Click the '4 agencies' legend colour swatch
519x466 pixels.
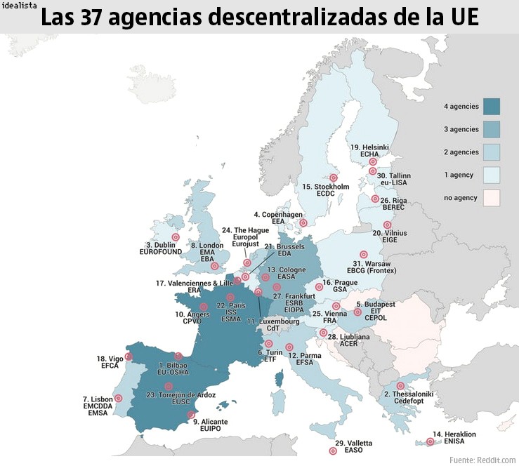[x=491, y=107]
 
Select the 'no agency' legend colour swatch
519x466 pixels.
[x=491, y=197]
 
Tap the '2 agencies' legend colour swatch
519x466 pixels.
[x=491, y=152]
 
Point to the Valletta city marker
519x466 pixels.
[x=333, y=452]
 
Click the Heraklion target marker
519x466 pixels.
[x=430, y=441]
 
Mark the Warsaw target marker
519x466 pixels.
[x=363, y=255]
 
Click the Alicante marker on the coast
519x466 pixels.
[x=191, y=415]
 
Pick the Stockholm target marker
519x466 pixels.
[x=334, y=178]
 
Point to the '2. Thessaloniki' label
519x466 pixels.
[x=409, y=394]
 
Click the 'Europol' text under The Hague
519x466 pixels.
[x=246, y=237]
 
